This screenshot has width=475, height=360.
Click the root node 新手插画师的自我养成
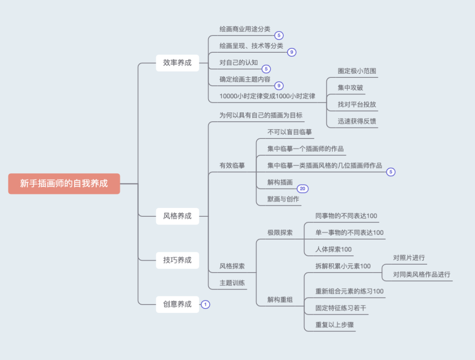64,183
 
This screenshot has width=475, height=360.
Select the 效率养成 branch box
177,63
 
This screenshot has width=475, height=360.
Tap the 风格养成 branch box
177,216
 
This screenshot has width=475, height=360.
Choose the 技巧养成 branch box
177,260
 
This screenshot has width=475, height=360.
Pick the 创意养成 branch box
177,304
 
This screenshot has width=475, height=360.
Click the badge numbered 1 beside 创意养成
205,304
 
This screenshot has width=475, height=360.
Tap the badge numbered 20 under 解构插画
303,189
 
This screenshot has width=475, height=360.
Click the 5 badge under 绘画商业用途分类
279,35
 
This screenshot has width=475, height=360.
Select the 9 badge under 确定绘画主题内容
279,86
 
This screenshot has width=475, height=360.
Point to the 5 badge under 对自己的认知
266,69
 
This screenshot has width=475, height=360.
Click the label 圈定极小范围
357,71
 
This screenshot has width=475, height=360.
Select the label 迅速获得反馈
357,121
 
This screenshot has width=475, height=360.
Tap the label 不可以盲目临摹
289,132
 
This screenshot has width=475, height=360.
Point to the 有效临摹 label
232,166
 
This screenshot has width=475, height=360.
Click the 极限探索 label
280,233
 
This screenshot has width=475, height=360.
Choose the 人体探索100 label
333,249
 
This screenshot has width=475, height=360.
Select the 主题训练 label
232,283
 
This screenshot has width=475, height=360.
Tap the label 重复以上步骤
334,325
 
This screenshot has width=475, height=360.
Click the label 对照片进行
409,258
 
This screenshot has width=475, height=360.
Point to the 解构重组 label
280,300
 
